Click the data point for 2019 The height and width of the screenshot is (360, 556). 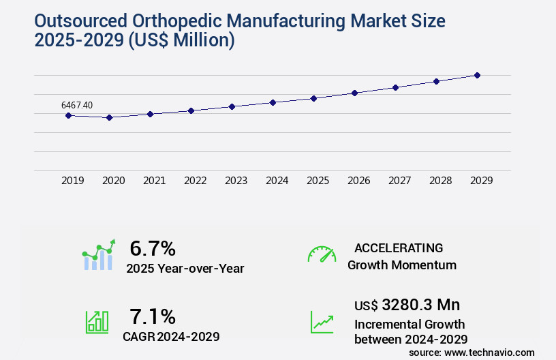pos(68,115)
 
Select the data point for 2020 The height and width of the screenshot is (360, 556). pos(109,117)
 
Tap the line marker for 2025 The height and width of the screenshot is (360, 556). pos(313,98)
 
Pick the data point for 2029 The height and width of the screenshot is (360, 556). pos(477,75)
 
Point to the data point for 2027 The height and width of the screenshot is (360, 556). pos(395,87)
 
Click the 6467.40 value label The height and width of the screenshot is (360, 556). pos(77,105)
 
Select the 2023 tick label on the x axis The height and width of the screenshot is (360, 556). pos(236,181)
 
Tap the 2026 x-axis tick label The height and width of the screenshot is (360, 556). pos(358,181)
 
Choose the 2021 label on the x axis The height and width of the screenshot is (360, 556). pos(154,181)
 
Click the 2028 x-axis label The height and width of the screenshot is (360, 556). pos(440,181)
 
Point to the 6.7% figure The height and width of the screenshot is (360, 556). pos(153,248)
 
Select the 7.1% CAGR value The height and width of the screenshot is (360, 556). pos(153,316)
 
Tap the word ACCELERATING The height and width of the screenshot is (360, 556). pos(399,247)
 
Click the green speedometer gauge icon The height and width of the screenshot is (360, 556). pos(322,254)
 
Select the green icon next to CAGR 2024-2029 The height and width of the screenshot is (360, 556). pos(97,322)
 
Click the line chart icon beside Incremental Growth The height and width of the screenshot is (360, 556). pos(322,322)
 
